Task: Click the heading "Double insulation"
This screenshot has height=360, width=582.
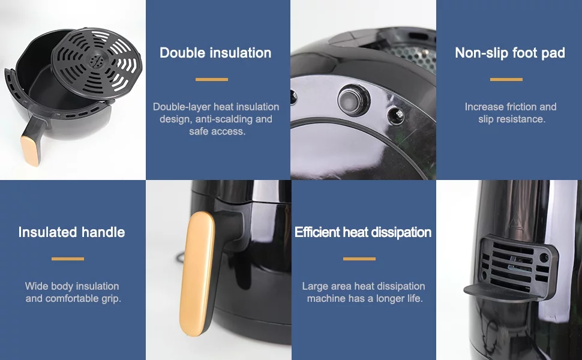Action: [x=215, y=53]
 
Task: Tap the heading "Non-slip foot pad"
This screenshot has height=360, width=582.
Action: [x=510, y=53]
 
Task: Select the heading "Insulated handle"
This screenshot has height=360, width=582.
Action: [x=71, y=232]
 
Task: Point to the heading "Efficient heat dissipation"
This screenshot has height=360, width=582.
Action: [x=363, y=232]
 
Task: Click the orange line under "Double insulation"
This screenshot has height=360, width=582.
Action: [x=212, y=79]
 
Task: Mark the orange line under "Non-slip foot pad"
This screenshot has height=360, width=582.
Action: [x=506, y=79]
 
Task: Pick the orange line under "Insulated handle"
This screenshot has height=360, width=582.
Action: [x=68, y=259]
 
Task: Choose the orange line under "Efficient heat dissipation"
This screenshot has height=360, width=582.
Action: [x=359, y=259]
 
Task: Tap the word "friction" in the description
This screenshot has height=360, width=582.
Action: [x=521, y=107]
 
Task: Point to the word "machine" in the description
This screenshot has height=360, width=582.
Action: [x=322, y=298]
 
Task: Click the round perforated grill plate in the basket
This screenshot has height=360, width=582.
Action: [x=97, y=62]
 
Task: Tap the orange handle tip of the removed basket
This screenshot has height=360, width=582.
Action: [x=31, y=151]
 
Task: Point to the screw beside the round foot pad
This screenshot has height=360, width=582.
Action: [x=395, y=115]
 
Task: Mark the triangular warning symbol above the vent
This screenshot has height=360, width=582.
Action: [x=515, y=222]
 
